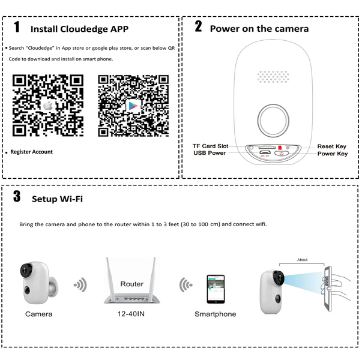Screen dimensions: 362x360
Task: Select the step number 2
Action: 198,27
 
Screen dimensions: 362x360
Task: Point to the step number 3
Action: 17,197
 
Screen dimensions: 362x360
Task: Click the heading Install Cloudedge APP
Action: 79,29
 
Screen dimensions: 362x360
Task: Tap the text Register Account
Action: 31,152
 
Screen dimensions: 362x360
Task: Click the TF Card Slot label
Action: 210,146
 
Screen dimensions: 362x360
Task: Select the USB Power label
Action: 209,153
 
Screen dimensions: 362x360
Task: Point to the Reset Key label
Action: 332,146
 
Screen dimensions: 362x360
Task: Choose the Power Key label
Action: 333,154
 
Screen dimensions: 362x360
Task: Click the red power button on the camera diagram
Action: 282,153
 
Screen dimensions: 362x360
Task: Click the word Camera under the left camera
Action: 38,314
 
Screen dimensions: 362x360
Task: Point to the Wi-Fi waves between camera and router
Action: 79,284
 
